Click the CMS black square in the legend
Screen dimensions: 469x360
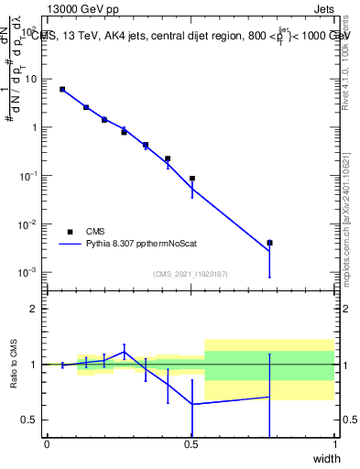click(70, 232)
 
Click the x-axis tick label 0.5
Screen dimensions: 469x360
click(191, 444)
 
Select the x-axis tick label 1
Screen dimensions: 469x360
click(334, 444)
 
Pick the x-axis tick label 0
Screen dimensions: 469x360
click(47, 444)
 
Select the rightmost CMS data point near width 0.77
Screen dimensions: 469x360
click(269, 243)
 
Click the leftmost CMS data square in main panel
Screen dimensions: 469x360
click(62, 89)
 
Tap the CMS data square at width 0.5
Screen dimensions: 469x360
click(192, 179)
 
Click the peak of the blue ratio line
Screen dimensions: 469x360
click(125, 351)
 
